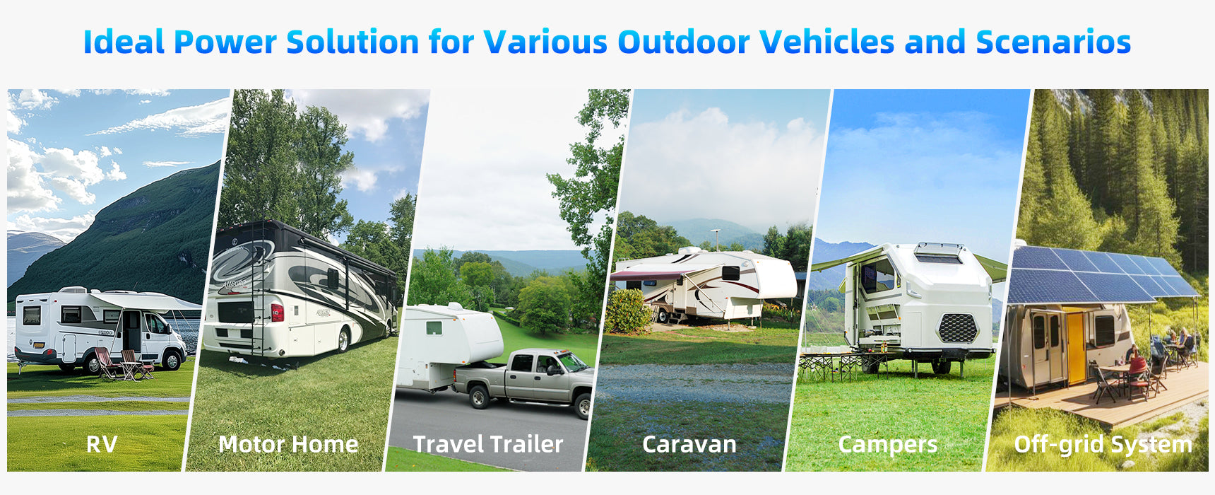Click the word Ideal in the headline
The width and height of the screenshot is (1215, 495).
(124, 42)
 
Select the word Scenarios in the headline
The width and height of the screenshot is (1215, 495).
(1053, 42)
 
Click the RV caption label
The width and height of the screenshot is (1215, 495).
(102, 444)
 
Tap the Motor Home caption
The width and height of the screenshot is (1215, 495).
(288, 444)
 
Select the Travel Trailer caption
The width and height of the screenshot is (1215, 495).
(488, 444)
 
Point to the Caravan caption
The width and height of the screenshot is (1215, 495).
(689, 444)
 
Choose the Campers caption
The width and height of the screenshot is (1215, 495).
(888, 445)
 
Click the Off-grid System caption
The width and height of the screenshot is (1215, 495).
(1103, 445)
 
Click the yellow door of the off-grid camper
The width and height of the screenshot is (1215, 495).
(1075, 346)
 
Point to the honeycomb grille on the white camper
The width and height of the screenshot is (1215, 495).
(957, 328)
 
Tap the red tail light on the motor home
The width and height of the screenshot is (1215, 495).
(278, 312)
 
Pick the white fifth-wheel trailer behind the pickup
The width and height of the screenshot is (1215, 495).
(449, 344)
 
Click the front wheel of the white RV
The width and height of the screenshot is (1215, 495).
(172, 360)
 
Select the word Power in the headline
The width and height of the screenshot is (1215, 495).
(225, 42)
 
